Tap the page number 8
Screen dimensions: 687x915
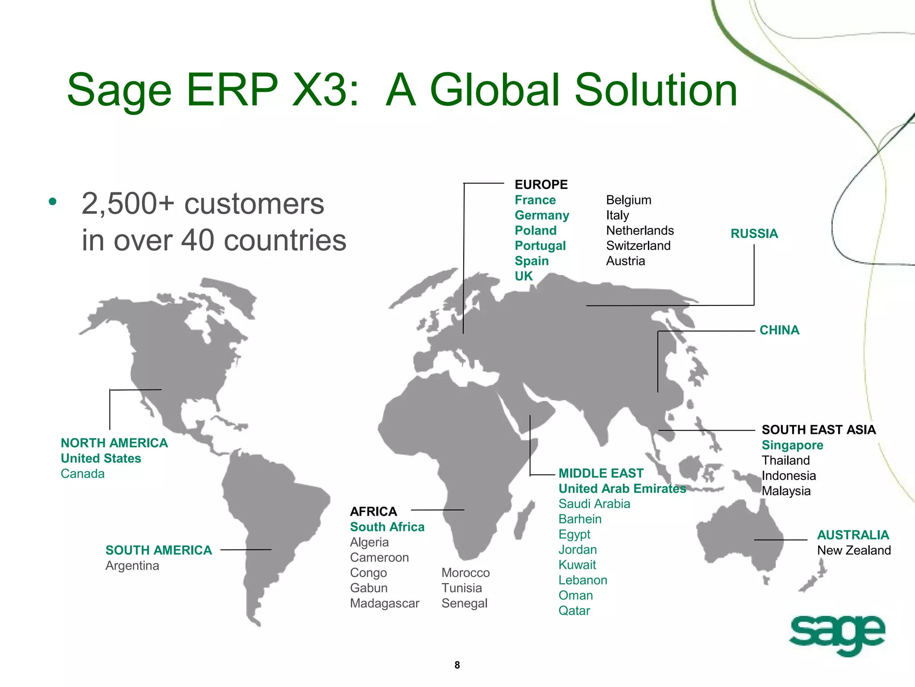coord(457,665)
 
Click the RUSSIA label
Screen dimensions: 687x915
coord(754,233)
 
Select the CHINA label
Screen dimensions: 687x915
coord(779,330)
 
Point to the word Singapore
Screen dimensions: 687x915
coord(792,445)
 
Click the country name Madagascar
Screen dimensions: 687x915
coord(384,603)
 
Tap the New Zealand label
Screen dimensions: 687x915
coord(854,550)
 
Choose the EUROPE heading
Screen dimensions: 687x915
coord(541,184)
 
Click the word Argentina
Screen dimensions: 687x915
coord(132,565)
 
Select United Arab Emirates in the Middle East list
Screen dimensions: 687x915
coord(622,488)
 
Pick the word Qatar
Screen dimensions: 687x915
coord(574,611)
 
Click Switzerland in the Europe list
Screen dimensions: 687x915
coord(638,246)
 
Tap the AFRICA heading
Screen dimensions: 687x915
coord(374,511)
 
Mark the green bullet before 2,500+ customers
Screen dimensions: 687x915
coord(53,202)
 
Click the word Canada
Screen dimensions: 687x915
coord(83,474)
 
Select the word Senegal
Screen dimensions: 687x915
coord(464,603)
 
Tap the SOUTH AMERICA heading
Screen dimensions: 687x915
coord(159,550)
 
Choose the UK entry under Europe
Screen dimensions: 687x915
coord(524,276)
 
